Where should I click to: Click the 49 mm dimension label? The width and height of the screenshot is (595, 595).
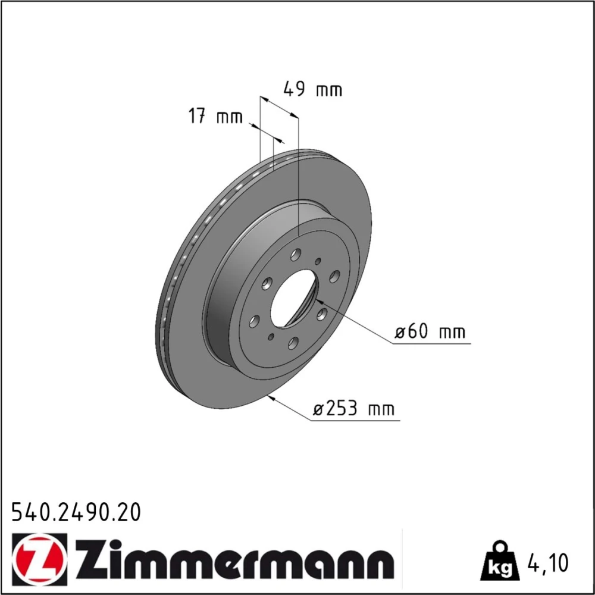coord(313,89)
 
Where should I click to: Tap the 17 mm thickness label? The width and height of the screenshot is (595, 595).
coord(215,116)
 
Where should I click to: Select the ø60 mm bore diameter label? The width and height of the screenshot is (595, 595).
coord(430,331)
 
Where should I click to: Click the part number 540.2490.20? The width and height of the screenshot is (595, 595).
coord(76,512)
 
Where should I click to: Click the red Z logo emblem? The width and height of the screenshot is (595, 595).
coord(39,559)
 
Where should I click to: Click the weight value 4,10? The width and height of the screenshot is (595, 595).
coord(547,563)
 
